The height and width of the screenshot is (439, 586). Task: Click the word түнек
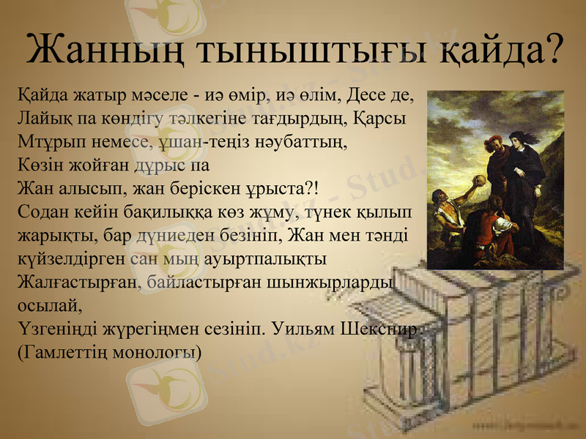[x=317, y=212]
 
